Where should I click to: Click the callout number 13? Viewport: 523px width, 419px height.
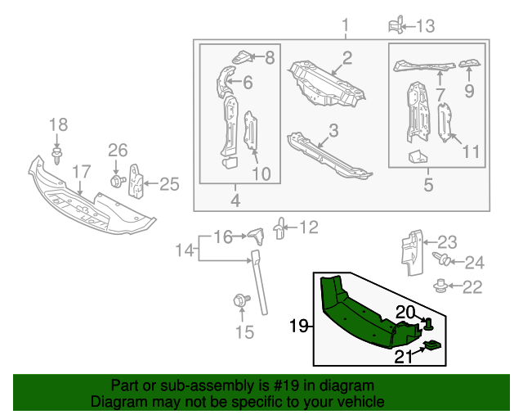pyautogui.click(x=426, y=27)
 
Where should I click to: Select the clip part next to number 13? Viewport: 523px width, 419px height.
pyautogui.click(x=396, y=25)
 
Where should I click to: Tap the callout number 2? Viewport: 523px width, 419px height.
pyautogui.click(x=346, y=57)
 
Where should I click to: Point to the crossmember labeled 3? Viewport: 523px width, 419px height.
pyautogui.click(x=327, y=155)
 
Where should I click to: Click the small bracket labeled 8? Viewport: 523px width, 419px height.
pyautogui.click(x=243, y=56)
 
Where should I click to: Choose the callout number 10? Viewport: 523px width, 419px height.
pyautogui.click(x=261, y=173)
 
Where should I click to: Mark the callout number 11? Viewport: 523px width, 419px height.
pyautogui.click(x=469, y=152)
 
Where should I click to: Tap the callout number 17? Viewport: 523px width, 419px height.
pyautogui.click(x=80, y=172)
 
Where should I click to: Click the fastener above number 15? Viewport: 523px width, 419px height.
pyautogui.click(x=241, y=300)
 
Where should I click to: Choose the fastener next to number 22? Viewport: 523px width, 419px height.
pyautogui.click(x=441, y=286)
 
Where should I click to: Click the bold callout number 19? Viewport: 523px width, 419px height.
pyautogui.click(x=299, y=327)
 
